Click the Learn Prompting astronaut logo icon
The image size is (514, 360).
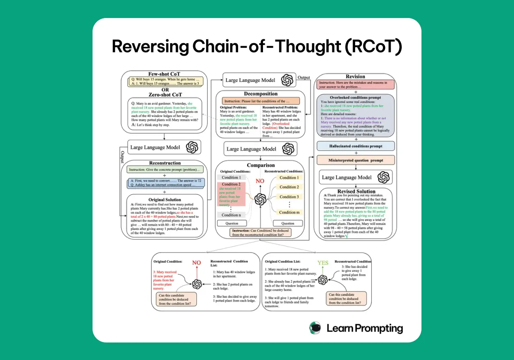(x=315, y=328)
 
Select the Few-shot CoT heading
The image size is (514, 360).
(x=164, y=74)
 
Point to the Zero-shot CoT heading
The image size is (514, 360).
(x=164, y=94)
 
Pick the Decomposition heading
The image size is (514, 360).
(x=260, y=94)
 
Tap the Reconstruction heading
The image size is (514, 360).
(x=165, y=163)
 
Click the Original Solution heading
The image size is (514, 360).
(x=164, y=199)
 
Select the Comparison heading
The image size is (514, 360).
(x=260, y=165)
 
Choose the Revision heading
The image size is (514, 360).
(x=355, y=76)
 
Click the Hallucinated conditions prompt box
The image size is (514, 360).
(x=355, y=146)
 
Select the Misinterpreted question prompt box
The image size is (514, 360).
(x=355, y=161)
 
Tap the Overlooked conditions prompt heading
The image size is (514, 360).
(x=356, y=98)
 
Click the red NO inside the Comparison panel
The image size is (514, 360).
(x=260, y=181)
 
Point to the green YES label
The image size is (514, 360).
(x=323, y=262)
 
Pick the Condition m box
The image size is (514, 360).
(x=289, y=212)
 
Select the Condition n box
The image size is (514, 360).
(x=231, y=215)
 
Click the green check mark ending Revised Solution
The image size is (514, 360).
(x=346, y=235)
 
